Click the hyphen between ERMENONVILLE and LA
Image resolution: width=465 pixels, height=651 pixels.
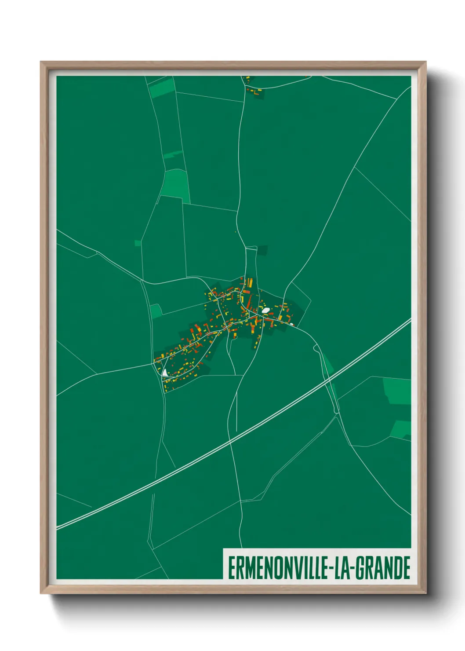[x=331, y=569]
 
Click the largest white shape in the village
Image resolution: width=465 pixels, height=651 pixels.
[x=265, y=310]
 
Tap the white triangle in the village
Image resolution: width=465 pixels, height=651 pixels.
[x=164, y=373]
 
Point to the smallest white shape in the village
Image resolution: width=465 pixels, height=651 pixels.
[x=291, y=324]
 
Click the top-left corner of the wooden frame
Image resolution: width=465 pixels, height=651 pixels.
[x=41, y=62]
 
